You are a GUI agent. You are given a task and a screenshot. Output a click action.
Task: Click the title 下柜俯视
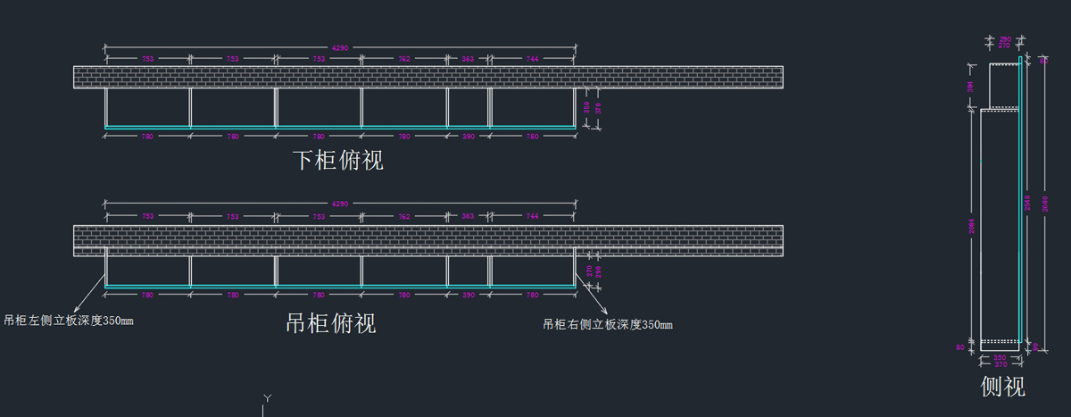point(338,161)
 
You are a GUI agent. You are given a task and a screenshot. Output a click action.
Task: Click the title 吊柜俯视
point(330,322)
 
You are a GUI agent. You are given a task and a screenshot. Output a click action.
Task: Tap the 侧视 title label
point(1003,387)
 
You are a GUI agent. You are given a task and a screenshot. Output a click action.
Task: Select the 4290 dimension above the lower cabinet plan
point(340,47)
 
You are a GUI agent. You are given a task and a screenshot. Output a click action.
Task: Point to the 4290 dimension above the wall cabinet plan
point(340,204)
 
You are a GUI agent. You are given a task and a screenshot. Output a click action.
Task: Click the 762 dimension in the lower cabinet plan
point(404,59)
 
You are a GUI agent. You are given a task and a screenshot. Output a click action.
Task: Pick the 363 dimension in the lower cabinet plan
point(468,59)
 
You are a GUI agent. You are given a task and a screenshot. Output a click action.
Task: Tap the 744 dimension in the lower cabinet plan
point(532,59)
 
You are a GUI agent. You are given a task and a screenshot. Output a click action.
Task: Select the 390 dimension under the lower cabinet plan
point(468,137)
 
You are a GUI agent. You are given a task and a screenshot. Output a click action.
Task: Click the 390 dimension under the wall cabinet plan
point(468,295)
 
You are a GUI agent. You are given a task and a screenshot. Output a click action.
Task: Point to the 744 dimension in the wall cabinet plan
point(532,217)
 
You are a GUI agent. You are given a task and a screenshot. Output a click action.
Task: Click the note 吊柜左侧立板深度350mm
point(69,320)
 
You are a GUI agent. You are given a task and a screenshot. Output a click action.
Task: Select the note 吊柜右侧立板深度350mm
point(608,324)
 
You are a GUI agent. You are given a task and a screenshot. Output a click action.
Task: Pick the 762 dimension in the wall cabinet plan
point(404,217)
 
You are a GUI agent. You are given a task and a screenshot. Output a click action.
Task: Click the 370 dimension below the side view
point(1000,364)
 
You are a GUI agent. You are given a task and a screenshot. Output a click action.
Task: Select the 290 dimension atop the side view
point(1005,39)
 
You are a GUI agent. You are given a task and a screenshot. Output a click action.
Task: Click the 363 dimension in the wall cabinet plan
point(468,217)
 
